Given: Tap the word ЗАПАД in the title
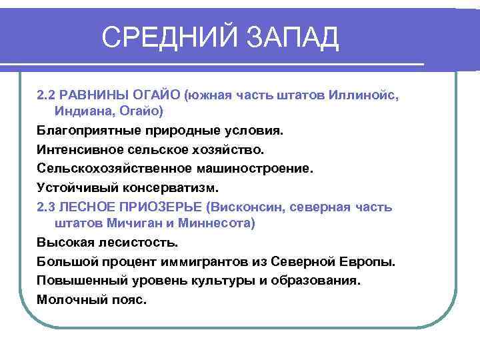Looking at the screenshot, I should (x=293, y=38).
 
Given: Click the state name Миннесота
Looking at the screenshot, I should (x=217, y=223).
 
